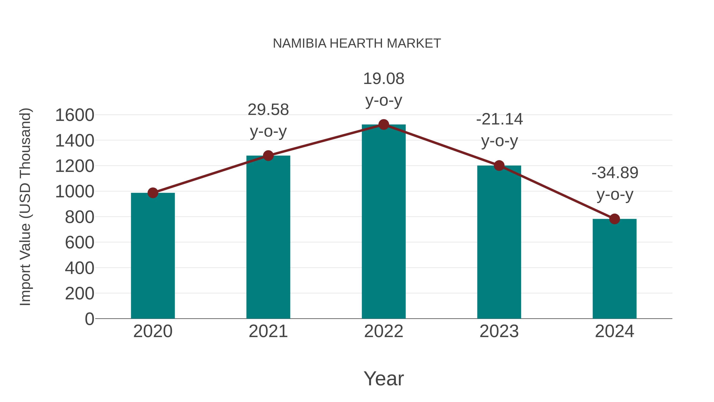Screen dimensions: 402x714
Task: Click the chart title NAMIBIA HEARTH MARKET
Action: click(357, 43)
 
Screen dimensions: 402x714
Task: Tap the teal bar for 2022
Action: click(384, 222)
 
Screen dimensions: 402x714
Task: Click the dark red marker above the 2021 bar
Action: click(268, 156)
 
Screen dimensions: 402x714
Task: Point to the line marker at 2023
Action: click(499, 166)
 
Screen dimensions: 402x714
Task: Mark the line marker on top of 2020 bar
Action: click(153, 193)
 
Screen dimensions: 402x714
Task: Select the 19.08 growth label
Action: click(384, 79)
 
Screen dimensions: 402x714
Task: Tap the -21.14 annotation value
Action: click(499, 120)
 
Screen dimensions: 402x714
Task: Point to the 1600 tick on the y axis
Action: click(75, 115)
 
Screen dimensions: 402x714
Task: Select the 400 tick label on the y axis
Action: click(79, 268)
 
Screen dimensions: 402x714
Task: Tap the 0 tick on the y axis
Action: click(89, 319)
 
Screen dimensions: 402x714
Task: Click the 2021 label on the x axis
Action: click(268, 331)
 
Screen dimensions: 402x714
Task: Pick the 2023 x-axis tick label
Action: click(499, 331)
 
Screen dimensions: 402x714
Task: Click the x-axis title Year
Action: click(384, 378)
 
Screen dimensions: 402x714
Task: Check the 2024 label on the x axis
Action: click(614, 331)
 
